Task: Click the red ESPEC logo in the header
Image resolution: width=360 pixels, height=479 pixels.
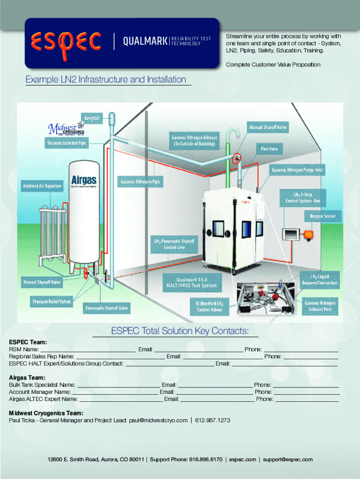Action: coord(66,42)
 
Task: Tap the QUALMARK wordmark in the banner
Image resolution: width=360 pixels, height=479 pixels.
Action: coord(144,42)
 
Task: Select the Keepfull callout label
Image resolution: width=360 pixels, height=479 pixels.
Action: coord(92,118)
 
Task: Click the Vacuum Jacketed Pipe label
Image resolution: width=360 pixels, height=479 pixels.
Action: coord(66,143)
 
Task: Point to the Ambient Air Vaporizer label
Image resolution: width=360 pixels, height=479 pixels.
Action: coord(42,186)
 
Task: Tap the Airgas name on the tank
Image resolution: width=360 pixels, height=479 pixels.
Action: coord(84,180)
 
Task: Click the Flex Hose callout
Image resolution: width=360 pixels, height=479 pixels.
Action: coord(269,149)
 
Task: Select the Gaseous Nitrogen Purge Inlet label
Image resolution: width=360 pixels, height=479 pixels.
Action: coord(297,170)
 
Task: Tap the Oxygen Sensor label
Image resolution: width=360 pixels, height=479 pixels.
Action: coord(323,217)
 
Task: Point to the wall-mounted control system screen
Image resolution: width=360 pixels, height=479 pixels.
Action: coord(292,232)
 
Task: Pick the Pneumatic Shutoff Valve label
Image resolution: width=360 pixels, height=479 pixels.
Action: coord(107,308)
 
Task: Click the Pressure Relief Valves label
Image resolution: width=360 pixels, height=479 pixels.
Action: coord(52,302)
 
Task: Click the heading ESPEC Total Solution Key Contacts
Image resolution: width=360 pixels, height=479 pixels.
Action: coord(180,331)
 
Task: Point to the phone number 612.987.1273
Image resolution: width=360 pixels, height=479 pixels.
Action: coord(213,420)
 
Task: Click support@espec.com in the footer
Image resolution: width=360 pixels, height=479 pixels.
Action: coord(288,459)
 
